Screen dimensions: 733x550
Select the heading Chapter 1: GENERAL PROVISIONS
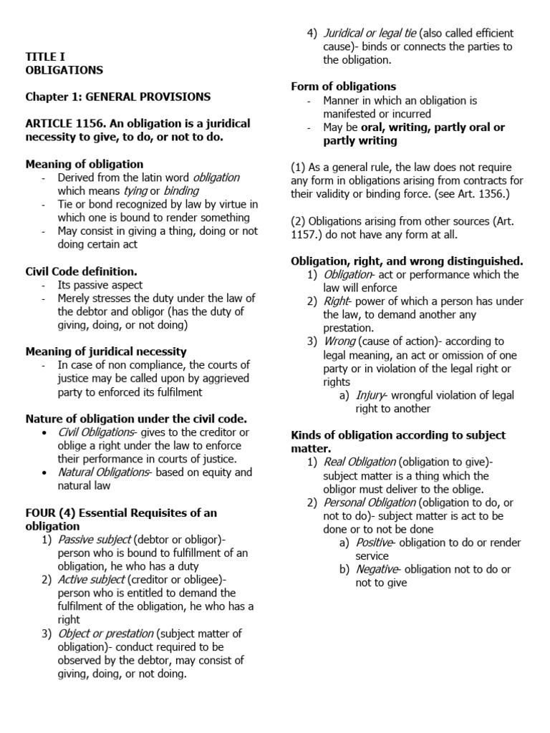(x=118, y=97)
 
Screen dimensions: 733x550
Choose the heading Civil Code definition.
(x=81, y=271)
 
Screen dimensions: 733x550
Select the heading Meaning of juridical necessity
(x=106, y=351)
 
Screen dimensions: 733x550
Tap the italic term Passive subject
(x=94, y=539)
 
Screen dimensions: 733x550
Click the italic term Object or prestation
(x=105, y=633)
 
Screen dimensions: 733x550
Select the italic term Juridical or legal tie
(x=370, y=34)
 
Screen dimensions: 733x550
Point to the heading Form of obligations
(x=343, y=87)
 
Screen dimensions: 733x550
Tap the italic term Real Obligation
(x=360, y=462)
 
